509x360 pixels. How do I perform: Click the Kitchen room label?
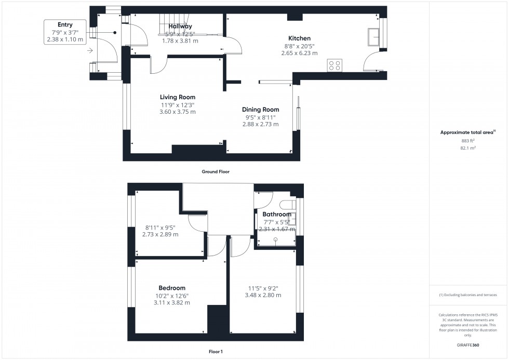(300, 38)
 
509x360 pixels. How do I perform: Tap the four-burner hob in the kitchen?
(335, 65)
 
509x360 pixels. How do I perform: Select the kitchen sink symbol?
(373, 36)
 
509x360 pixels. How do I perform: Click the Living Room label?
(178, 97)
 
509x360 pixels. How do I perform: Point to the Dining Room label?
(261, 110)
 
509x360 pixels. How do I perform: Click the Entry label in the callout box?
(65, 24)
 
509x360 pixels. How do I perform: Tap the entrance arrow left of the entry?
(90, 50)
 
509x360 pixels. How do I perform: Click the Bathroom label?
(277, 214)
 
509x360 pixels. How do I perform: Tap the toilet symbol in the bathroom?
(287, 205)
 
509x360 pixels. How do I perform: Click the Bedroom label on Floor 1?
(172, 288)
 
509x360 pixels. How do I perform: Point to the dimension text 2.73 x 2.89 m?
(160, 234)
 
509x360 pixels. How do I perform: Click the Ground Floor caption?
(216, 171)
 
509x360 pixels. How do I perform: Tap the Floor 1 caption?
(215, 352)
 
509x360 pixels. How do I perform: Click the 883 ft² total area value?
(468, 141)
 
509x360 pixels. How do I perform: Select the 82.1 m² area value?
(468, 148)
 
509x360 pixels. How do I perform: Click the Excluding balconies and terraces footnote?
(468, 295)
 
